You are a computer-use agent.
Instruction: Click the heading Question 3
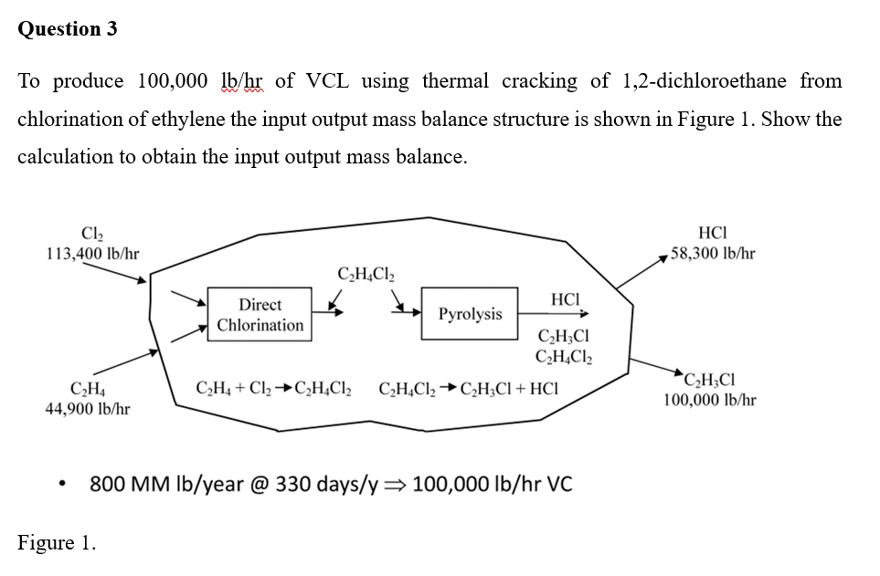[68, 28]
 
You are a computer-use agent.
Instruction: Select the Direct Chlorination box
[260, 315]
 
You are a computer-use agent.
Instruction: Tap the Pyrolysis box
[470, 314]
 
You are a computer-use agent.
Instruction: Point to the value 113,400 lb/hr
[92, 253]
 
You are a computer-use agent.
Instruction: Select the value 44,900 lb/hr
[88, 409]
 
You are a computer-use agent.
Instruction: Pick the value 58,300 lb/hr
[713, 253]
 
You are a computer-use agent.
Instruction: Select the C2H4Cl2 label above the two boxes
[366, 273]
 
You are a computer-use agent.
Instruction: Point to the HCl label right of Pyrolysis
[566, 298]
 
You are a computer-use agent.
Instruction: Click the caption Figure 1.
[57, 543]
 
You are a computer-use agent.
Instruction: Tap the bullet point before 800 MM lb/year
[61, 485]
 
